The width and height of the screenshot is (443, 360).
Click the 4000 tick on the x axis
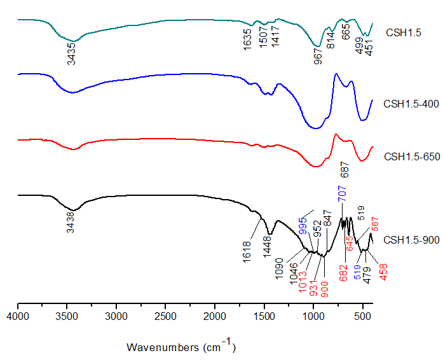coord(18,317)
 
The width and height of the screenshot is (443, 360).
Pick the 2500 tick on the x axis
coord(165,317)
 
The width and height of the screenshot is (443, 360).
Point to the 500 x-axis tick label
coord(362,317)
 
